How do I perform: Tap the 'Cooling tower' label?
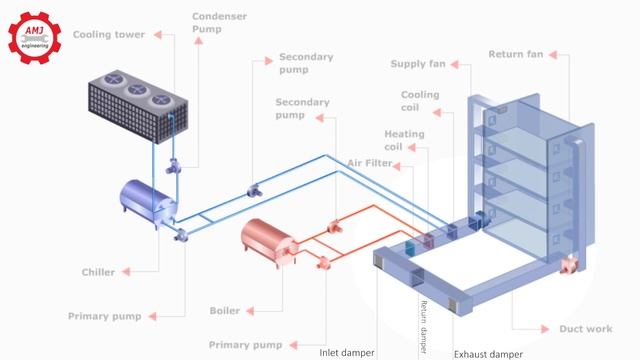108,35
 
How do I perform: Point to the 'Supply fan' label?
417,65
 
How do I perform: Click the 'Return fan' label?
515,53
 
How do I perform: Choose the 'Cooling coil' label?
419,102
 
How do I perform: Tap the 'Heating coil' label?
404,140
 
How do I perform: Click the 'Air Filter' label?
371,162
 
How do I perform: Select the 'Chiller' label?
98,271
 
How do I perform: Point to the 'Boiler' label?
225,310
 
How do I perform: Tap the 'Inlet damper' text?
347,352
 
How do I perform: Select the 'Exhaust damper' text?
488,353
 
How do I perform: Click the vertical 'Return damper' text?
423,319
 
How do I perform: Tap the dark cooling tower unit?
135,110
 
